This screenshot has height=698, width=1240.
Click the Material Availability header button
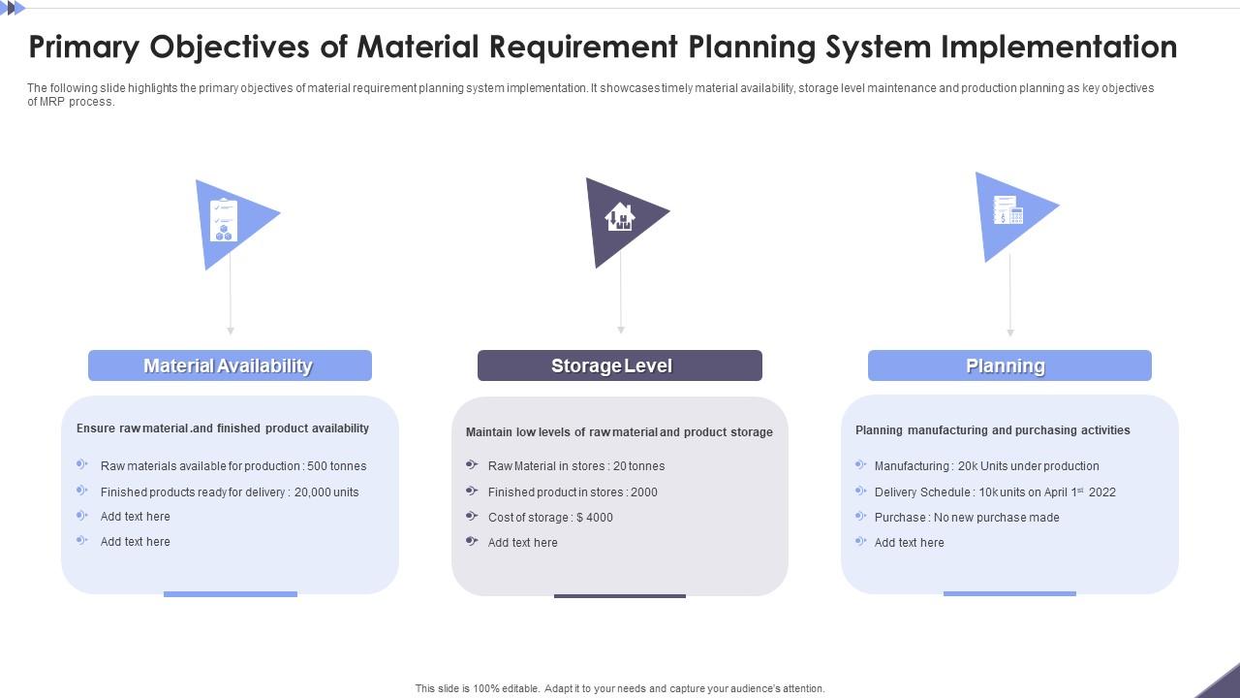tap(230, 365)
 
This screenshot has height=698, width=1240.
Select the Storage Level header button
tap(619, 365)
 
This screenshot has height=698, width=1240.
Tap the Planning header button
tap(1008, 365)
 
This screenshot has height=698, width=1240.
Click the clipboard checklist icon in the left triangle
tap(224, 220)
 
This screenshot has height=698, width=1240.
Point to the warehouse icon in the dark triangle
tap(619, 217)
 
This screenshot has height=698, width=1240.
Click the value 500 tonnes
tap(336, 466)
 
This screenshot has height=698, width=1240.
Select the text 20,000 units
tap(326, 492)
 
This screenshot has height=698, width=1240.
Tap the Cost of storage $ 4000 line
tap(550, 518)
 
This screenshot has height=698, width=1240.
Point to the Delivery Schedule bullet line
tap(995, 492)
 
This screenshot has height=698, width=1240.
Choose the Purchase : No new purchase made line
tap(967, 518)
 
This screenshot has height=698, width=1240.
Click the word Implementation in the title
tap(1060, 47)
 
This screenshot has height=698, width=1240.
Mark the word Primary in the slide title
tap(83, 47)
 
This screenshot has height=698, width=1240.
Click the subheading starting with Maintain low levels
tap(619, 432)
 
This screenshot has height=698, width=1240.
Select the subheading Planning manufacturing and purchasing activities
tap(992, 430)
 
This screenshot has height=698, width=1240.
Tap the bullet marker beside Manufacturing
tap(860, 465)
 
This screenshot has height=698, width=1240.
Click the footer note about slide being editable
tap(620, 688)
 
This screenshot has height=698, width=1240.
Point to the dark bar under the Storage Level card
tap(619, 596)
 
